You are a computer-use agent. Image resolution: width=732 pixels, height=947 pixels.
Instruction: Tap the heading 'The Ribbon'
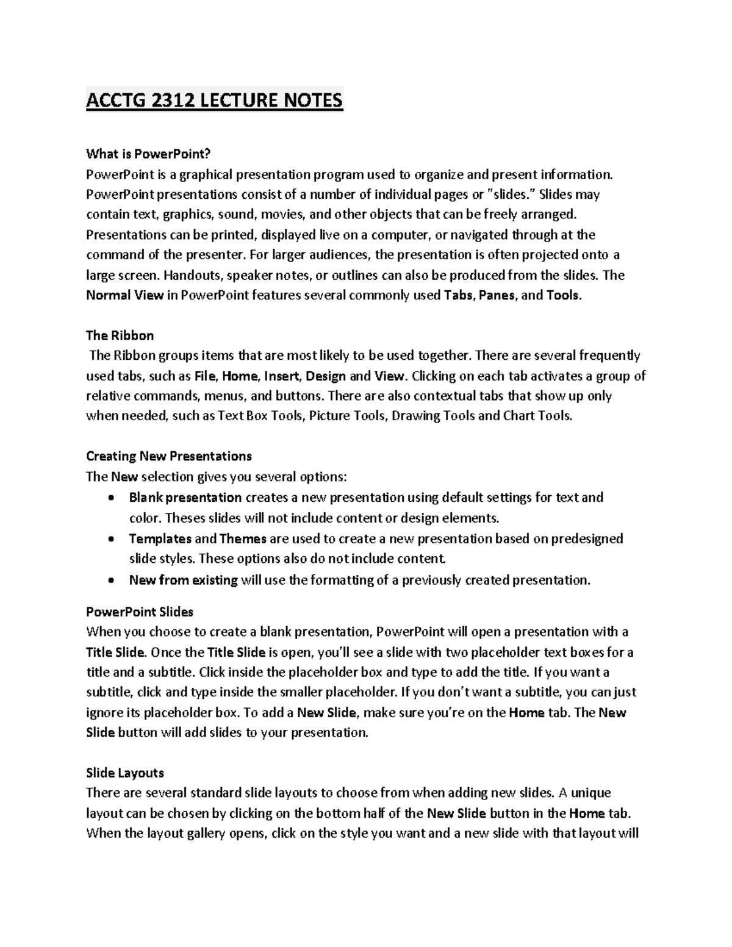[x=120, y=335]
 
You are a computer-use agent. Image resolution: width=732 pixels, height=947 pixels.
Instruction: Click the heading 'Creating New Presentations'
[x=169, y=456]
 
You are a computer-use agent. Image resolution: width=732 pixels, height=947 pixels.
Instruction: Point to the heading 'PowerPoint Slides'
[x=140, y=612]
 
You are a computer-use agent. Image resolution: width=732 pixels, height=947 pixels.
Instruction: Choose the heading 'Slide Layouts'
[x=125, y=773]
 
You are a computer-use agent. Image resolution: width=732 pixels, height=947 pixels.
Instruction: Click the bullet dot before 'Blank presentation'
[x=110, y=498]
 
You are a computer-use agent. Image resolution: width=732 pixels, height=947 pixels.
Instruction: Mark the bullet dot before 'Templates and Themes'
[x=110, y=540]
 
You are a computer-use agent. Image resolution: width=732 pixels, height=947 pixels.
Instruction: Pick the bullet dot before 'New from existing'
[x=110, y=581]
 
